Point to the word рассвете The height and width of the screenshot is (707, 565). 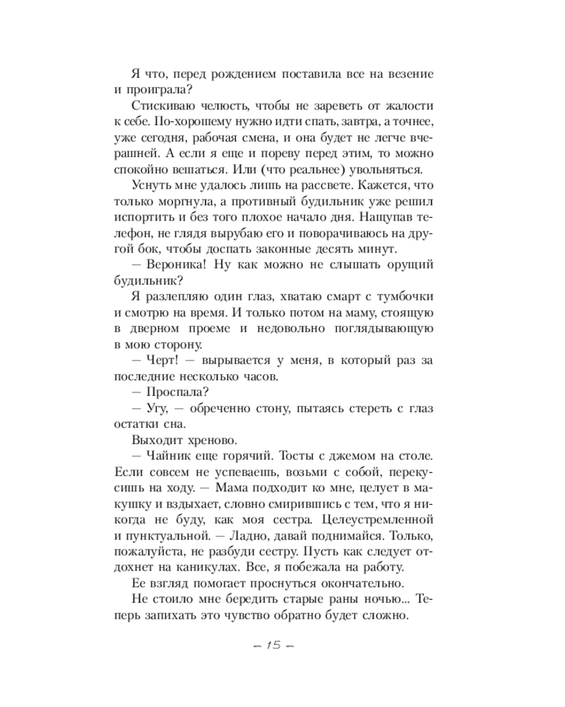click(x=319, y=187)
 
